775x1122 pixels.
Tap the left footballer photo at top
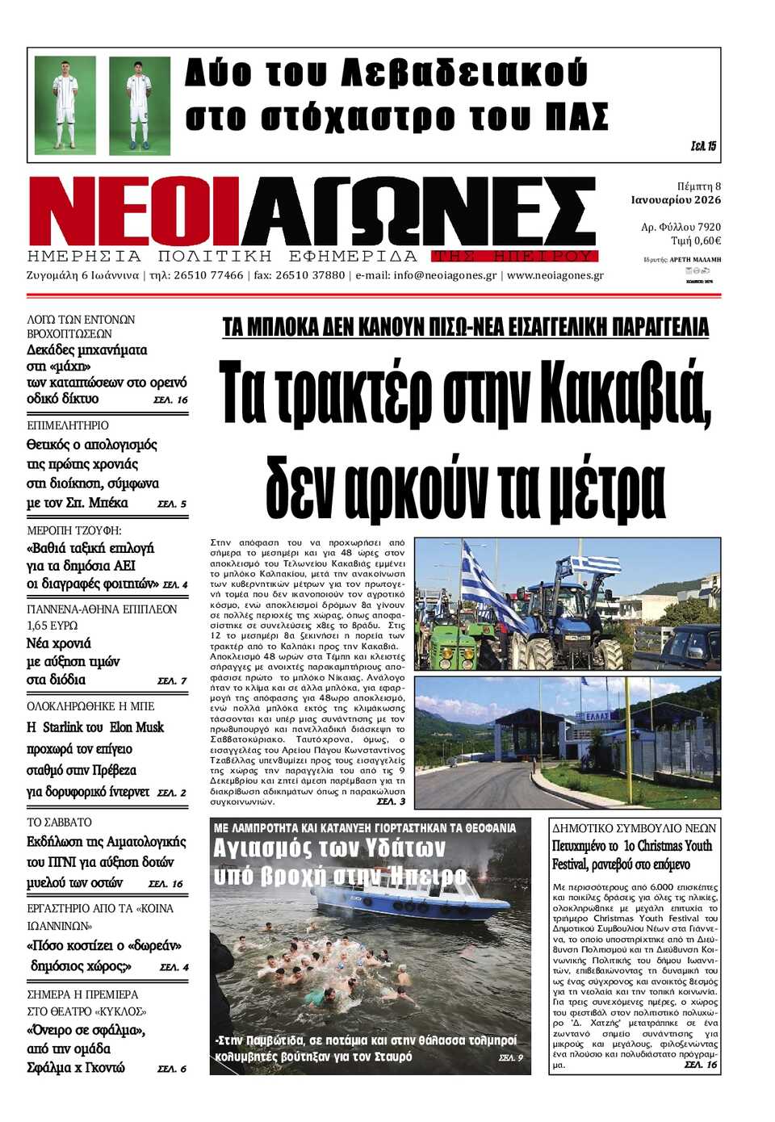[x=65, y=105]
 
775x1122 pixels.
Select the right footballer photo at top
[x=140, y=105]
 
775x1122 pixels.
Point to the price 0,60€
[x=706, y=241]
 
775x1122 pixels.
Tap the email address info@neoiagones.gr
[x=445, y=275]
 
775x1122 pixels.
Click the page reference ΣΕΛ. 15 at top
[x=703, y=146]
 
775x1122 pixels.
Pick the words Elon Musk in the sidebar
[x=136, y=727]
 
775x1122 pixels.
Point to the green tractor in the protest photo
[x=448, y=638]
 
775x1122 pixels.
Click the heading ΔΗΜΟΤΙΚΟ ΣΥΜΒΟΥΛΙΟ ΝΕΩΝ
[x=634, y=828]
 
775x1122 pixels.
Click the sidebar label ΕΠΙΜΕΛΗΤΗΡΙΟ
[x=68, y=425]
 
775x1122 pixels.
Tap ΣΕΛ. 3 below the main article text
[x=391, y=802]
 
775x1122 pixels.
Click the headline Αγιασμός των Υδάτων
[x=329, y=848]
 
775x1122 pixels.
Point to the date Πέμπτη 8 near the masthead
[x=698, y=186]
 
